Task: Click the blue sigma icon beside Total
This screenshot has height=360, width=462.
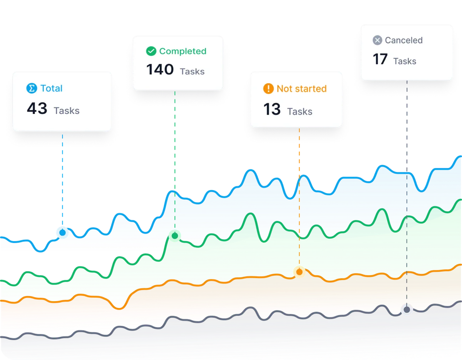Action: click(31, 89)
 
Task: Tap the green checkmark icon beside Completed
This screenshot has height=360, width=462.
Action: click(151, 51)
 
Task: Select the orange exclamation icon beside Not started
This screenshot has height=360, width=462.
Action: click(268, 89)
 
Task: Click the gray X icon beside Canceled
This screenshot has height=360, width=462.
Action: click(378, 40)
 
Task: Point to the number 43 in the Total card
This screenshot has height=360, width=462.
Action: click(37, 109)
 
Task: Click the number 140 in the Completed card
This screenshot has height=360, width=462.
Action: click(160, 70)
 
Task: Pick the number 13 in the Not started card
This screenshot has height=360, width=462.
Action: click(272, 110)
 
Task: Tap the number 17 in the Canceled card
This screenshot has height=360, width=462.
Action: click(380, 60)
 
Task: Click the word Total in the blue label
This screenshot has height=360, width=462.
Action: click(51, 89)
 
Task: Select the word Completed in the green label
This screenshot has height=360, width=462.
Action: click(182, 51)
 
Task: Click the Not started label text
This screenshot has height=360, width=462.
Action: click(301, 89)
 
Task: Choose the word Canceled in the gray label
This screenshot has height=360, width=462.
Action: click(403, 40)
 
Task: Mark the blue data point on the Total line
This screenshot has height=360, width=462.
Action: click(62, 233)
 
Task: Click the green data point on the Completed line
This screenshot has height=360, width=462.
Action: click(175, 236)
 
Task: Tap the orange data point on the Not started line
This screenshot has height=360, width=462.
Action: click(299, 272)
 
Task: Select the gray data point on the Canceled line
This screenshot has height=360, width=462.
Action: click(407, 310)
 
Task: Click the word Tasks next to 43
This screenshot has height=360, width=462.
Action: click(67, 111)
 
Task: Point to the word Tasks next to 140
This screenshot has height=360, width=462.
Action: click(192, 71)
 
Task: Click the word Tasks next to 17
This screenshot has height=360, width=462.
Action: click(405, 61)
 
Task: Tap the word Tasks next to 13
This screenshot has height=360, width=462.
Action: click(300, 112)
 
